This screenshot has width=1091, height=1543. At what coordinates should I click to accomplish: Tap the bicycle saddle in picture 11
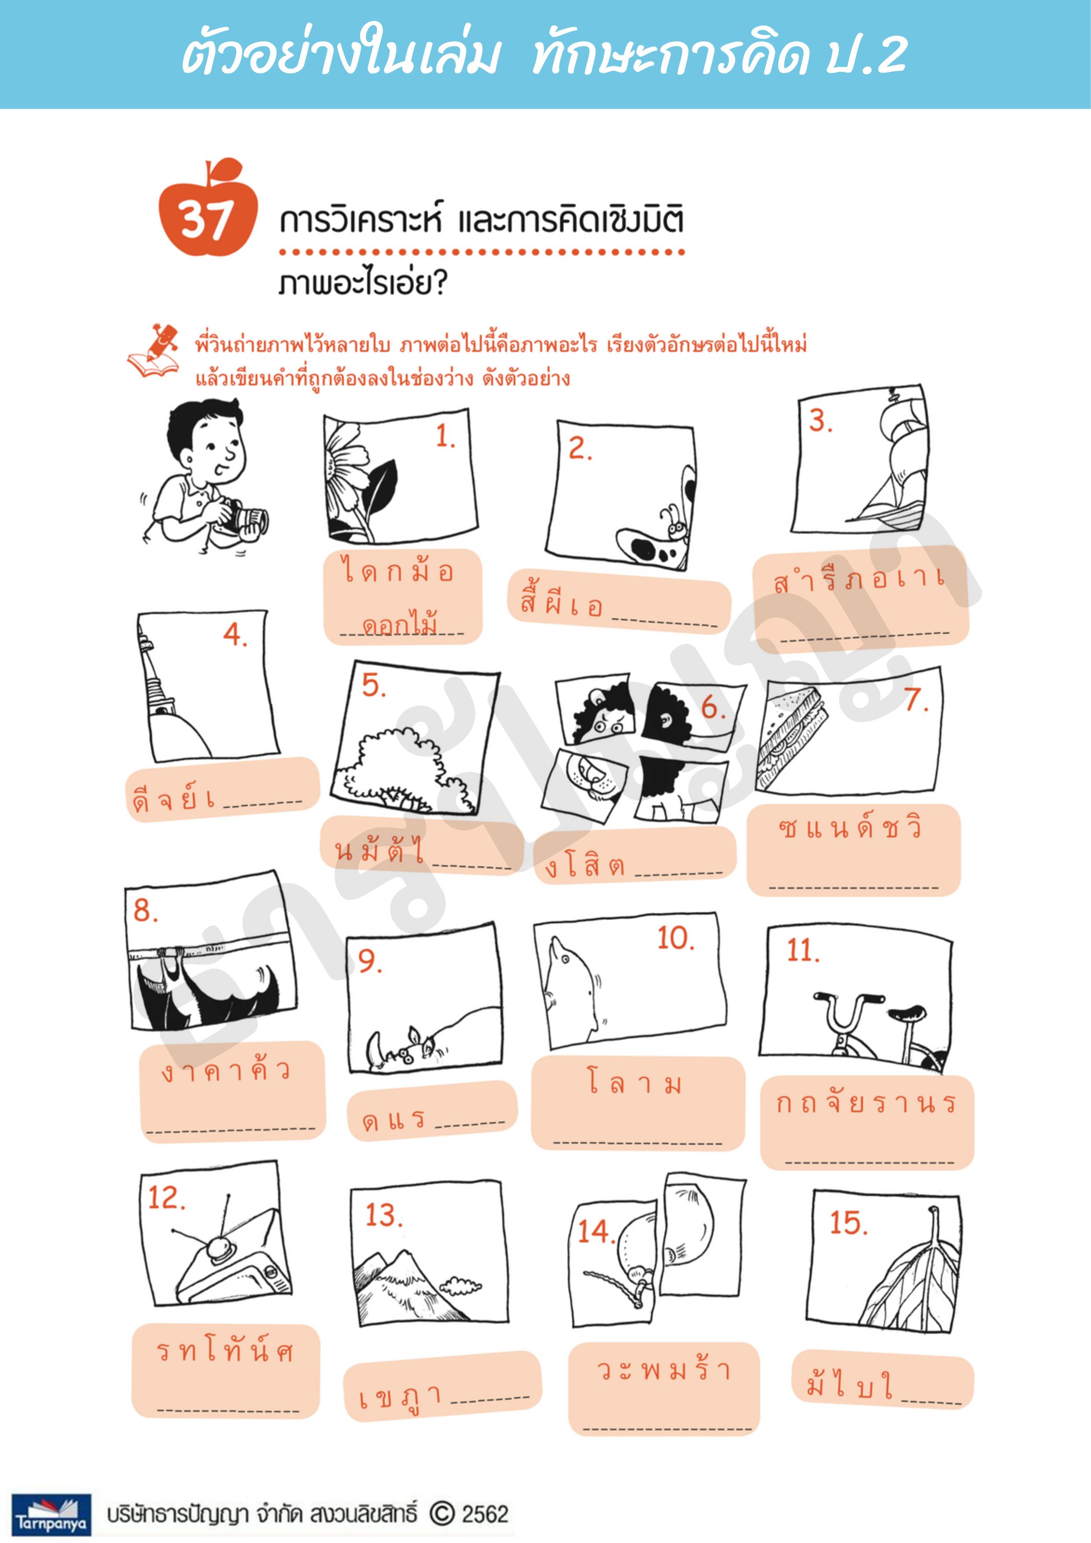(908, 1010)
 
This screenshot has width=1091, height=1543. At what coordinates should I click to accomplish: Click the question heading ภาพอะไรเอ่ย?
(363, 284)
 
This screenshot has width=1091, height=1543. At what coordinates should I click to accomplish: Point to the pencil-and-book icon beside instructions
(155, 350)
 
